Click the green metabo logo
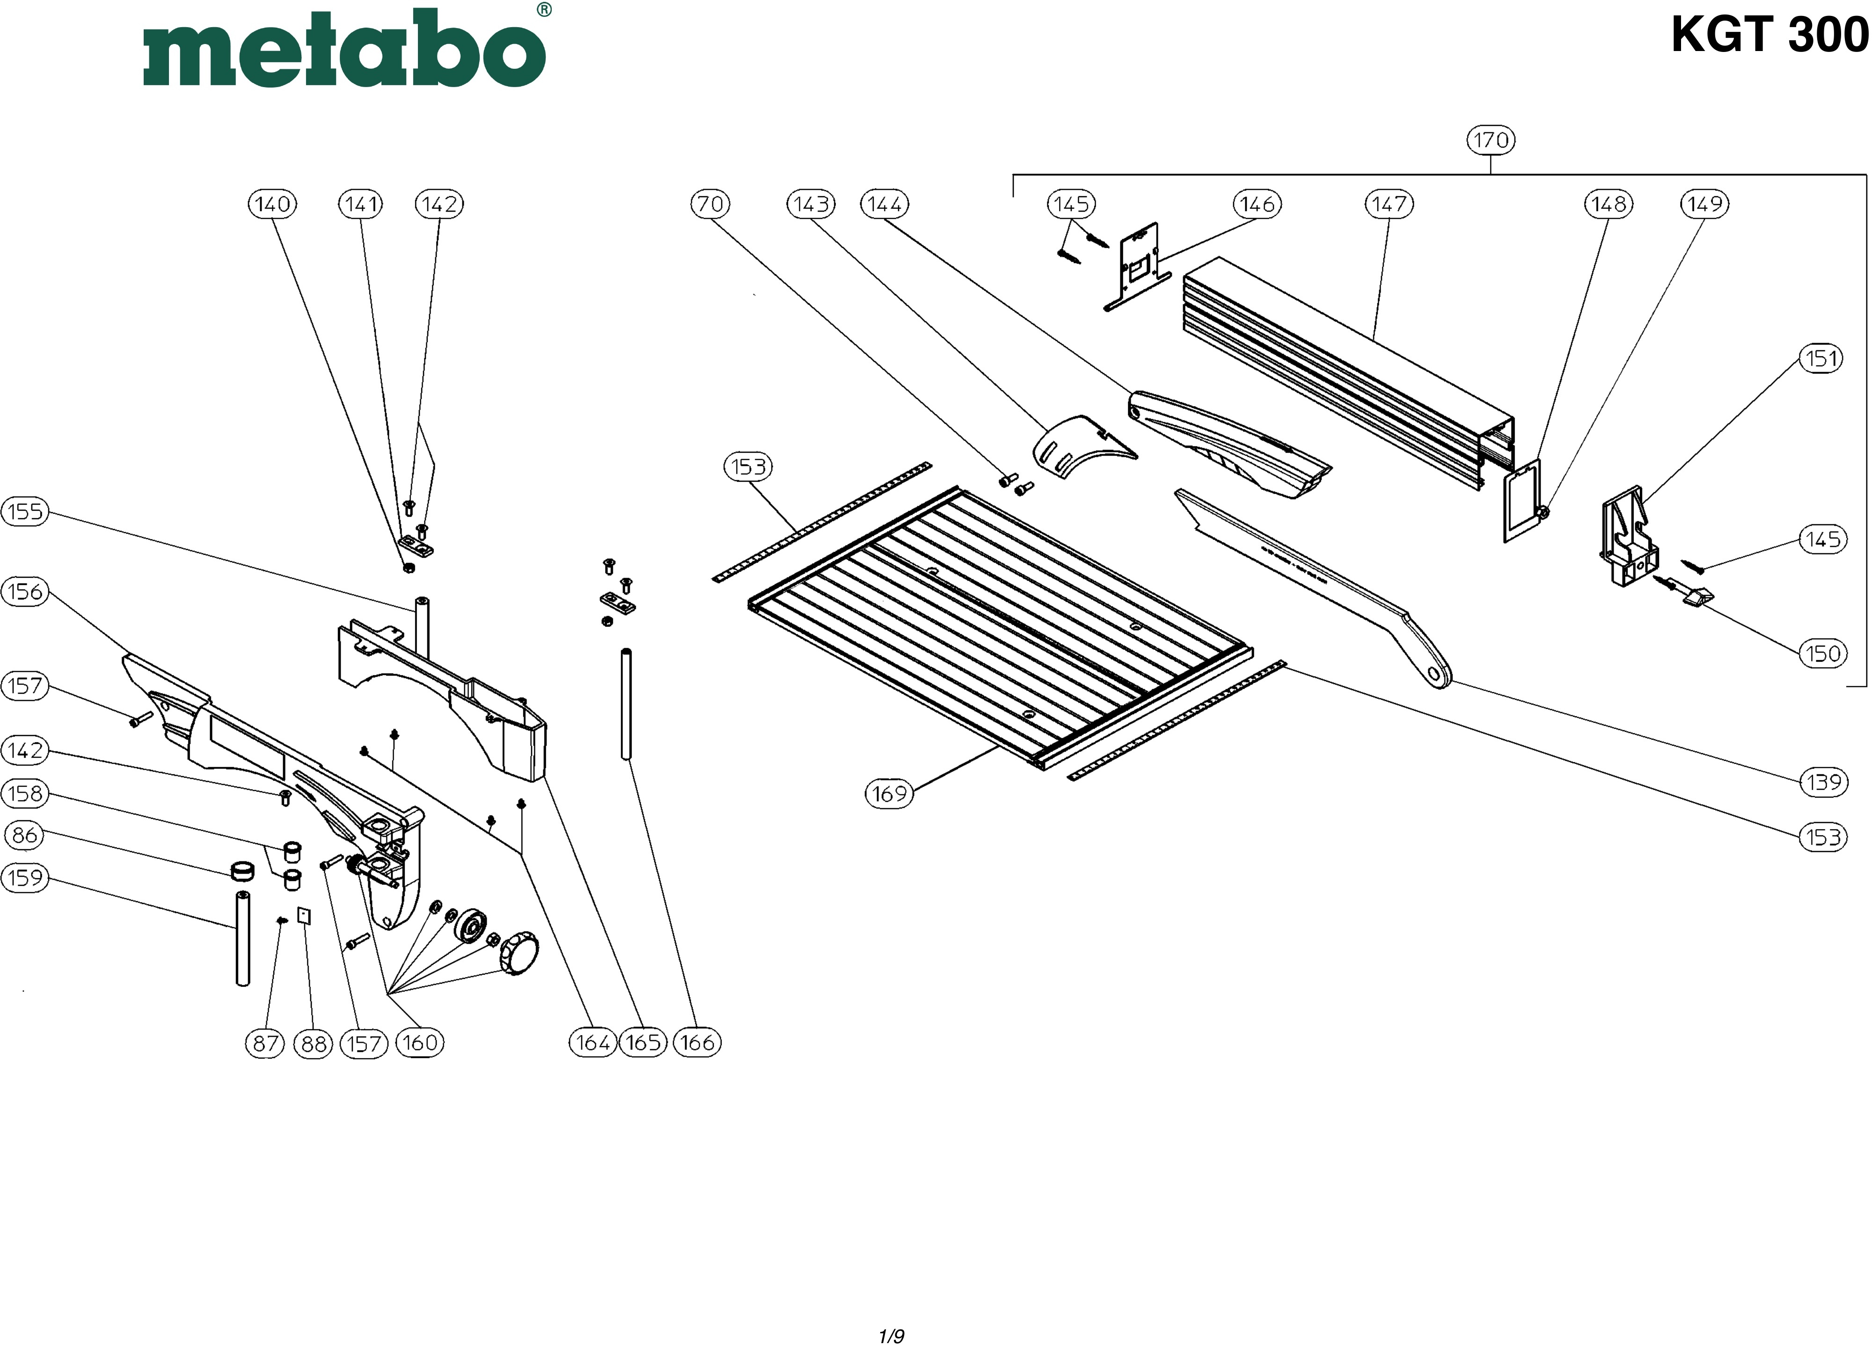point(344,50)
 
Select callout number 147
point(1389,204)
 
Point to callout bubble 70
point(710,204)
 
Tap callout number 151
point(1821,358)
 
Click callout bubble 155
point(25,511)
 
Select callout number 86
point(25,835)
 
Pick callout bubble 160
point(420,1043)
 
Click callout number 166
point(697,1043)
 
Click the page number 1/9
point(892,1312)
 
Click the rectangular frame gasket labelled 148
point(1521,502)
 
